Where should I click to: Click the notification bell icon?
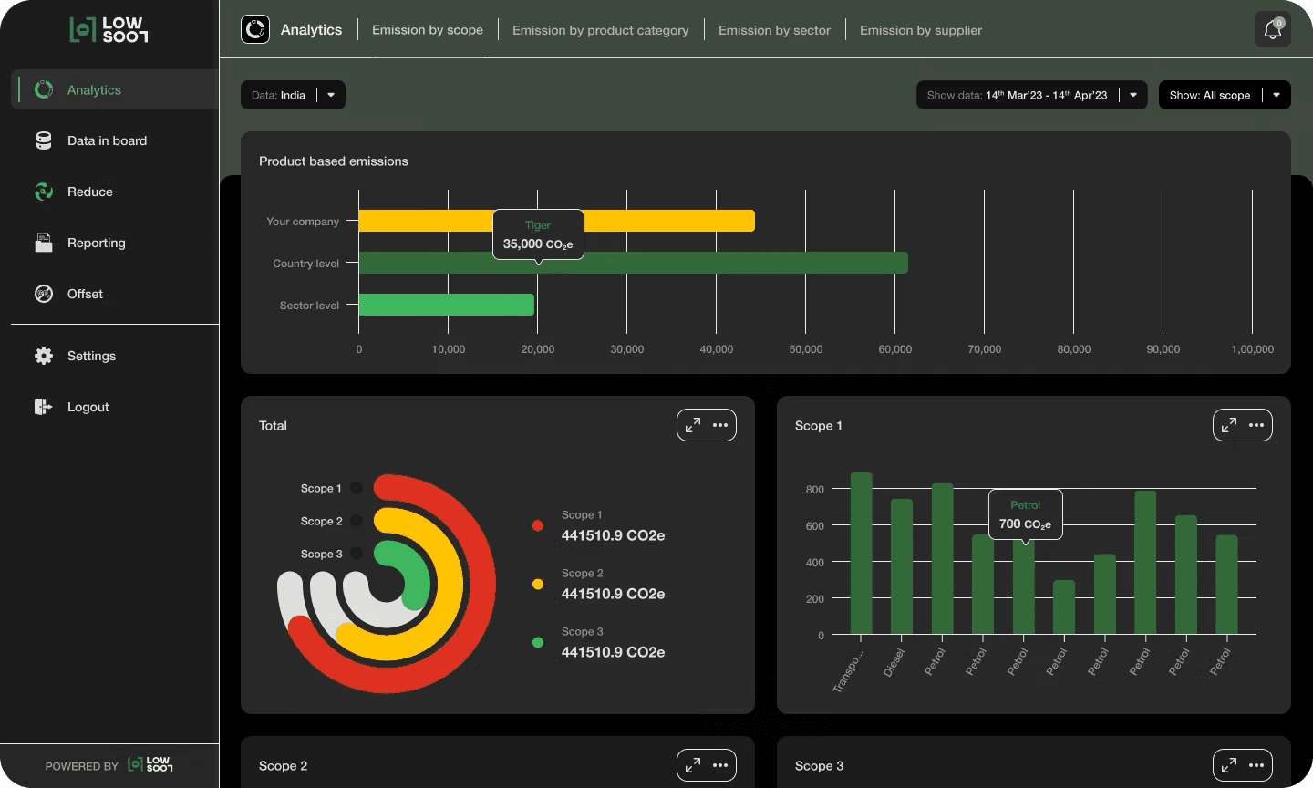click(x=1273, y=29)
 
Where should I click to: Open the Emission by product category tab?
click(x=600, y=30)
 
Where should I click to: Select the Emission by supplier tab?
click(x=920, y=30)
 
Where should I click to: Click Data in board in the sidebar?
click(x=107, y=140)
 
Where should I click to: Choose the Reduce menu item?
click(x=89, y=192)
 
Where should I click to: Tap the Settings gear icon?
click(x=44, y=356)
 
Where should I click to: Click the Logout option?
click(x=88, y=407)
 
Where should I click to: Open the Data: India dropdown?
click(x=293, y=95)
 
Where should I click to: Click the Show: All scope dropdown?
click(x=1225, y=95)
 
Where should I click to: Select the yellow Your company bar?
click(x=668, y=221)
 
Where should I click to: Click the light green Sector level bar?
click(x=446, y=305)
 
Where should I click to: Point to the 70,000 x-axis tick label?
click(x=984, y=348)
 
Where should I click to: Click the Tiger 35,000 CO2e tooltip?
click(x=538, y=234)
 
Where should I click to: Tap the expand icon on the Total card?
click(x=693, y=425)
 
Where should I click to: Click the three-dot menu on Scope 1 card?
click(x=1256, y=425)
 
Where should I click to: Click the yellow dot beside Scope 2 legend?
click(x=538, y=584)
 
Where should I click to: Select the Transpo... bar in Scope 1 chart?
click(x=861, y=553)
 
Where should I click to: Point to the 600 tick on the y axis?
click(x=814, y=526)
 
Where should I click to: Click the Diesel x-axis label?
click(x=894, y=662)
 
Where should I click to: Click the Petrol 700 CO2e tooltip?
click(x=1025, y=514)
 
